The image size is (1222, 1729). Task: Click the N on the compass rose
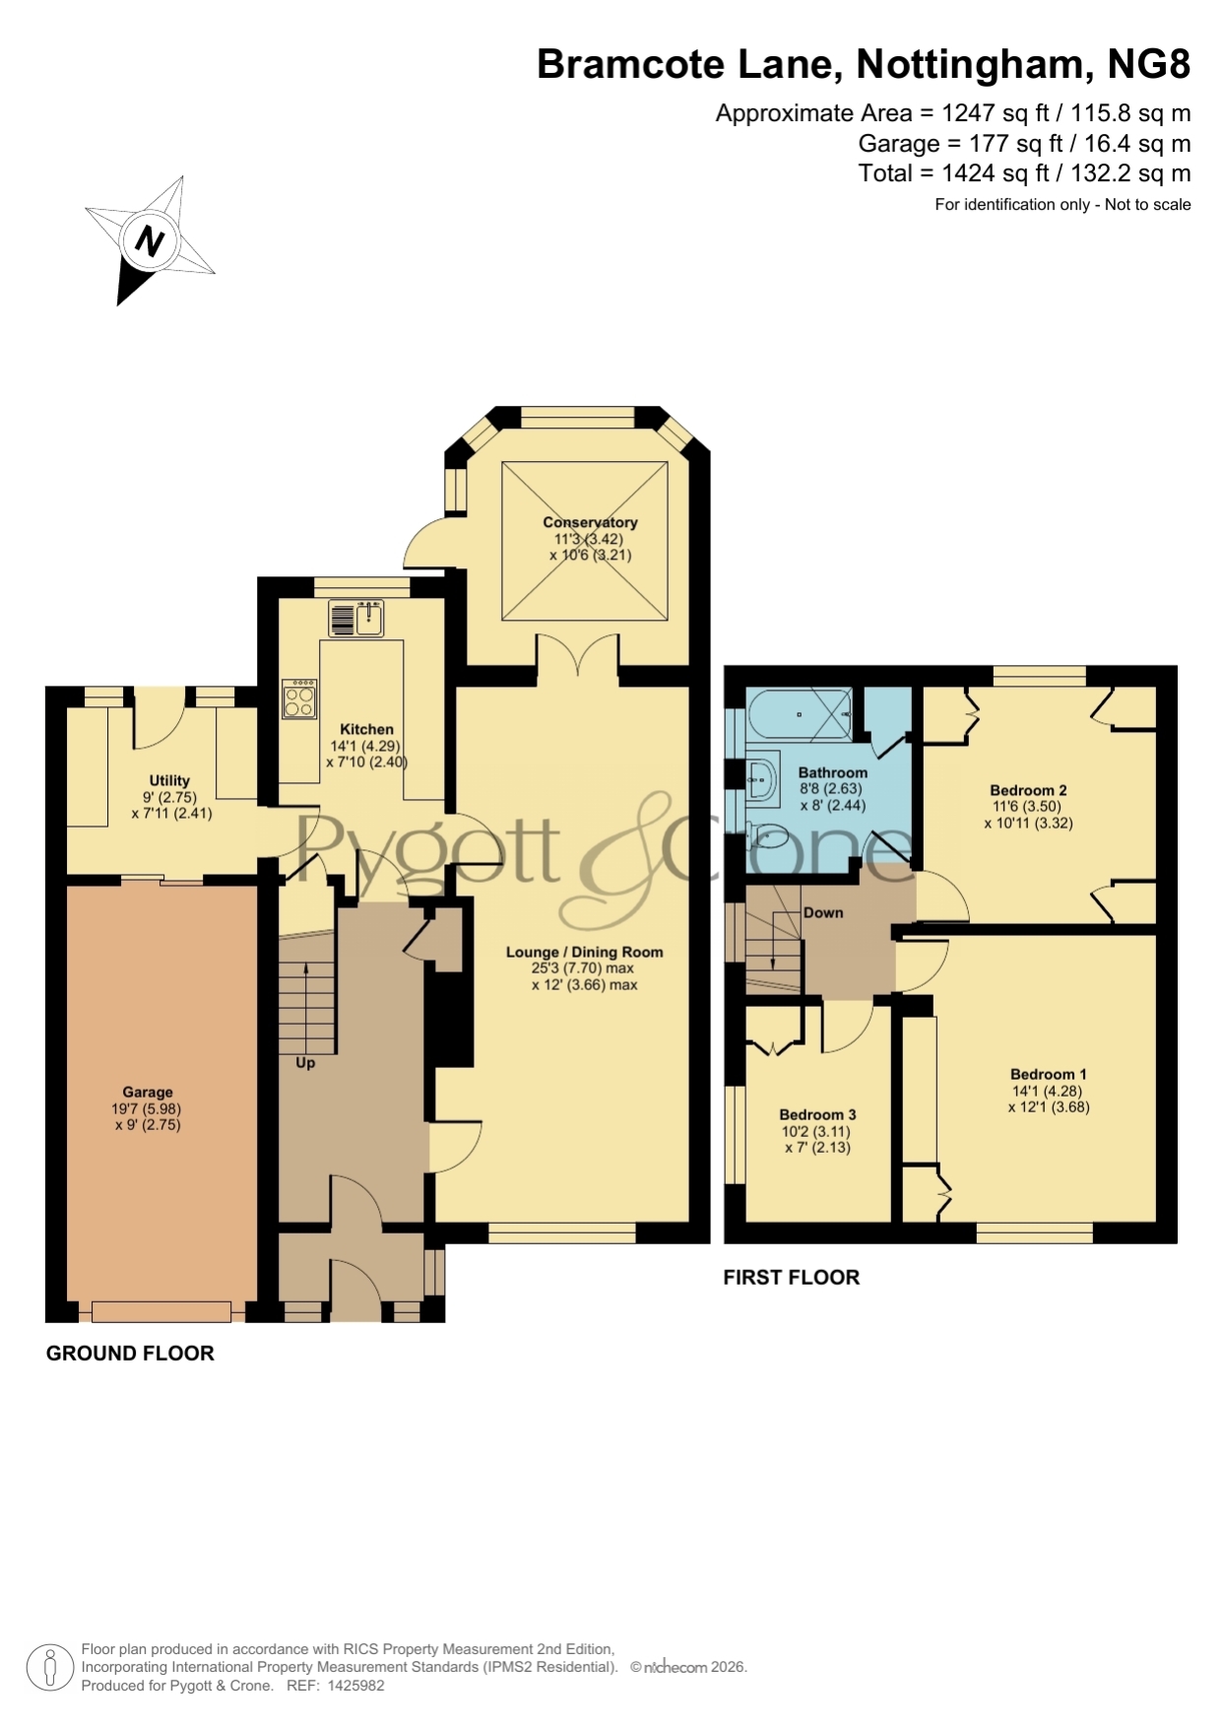point(149,240)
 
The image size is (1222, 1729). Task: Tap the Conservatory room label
point(590,522)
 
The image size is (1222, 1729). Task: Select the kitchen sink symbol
point(356,620)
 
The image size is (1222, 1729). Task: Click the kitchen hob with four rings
point(299,698)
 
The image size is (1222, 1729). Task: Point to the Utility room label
point(169,780)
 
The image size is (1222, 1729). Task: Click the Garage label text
point(148,1092)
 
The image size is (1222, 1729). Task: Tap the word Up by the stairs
point(305,1063)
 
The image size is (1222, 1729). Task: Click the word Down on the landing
point(823,912)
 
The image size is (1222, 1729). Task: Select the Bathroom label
point(833,772)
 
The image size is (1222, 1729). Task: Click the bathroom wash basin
point(761,779)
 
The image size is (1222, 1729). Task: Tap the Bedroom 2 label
point(1028,790)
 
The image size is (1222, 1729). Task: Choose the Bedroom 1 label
point(1049,1074)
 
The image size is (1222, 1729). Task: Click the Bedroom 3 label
point(817,1114)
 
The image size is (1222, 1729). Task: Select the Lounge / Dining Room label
point(585,952)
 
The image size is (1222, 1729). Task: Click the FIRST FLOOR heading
point(792,1277)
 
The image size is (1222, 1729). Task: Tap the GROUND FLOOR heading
point(130,1354)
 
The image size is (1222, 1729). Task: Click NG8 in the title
point(1149,64)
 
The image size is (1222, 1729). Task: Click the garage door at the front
point(161,1311)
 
